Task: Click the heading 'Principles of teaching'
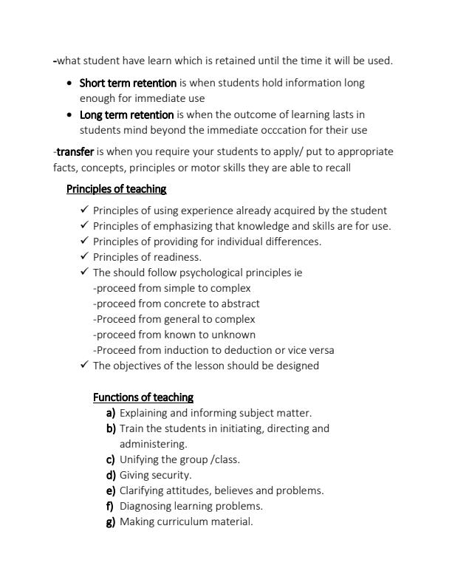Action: coord(116,189)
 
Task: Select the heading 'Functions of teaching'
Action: coord(143,397)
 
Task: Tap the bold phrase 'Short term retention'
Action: coord(128,83)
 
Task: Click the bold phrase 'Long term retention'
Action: coord(126,114)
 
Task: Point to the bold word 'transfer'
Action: coord(75,151)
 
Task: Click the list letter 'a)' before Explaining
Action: coord(111,413)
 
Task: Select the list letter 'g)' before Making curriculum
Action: coord(111,521)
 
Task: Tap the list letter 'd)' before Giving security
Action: coord(111,475)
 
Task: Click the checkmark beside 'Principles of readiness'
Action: coord(84,257)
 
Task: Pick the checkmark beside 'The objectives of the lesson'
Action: coord(84,366)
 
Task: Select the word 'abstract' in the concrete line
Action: coord(239,304)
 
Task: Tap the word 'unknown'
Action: coord(236,335)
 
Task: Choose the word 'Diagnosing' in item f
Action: coord(145,506)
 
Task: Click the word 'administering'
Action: coord(153,444)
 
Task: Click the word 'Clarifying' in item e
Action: coord(143,490)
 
